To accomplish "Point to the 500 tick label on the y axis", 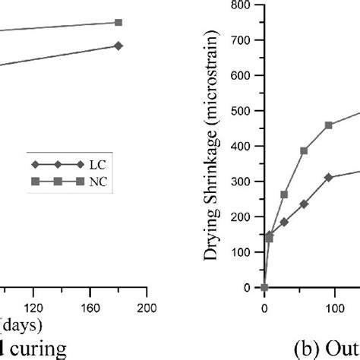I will coord(243,111).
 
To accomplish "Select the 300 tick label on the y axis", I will coord(243,182).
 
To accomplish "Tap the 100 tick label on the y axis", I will coord(243,252).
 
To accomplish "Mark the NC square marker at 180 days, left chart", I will coord(118,22).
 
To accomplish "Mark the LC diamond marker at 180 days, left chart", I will coord(118,46).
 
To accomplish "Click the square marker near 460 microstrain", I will coord(328,125).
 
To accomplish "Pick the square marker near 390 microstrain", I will coord(304,150).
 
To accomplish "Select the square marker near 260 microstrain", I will coord(284,194).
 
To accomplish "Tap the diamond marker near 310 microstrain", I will coord(328,177).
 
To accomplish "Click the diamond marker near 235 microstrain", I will coord(304,204).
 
